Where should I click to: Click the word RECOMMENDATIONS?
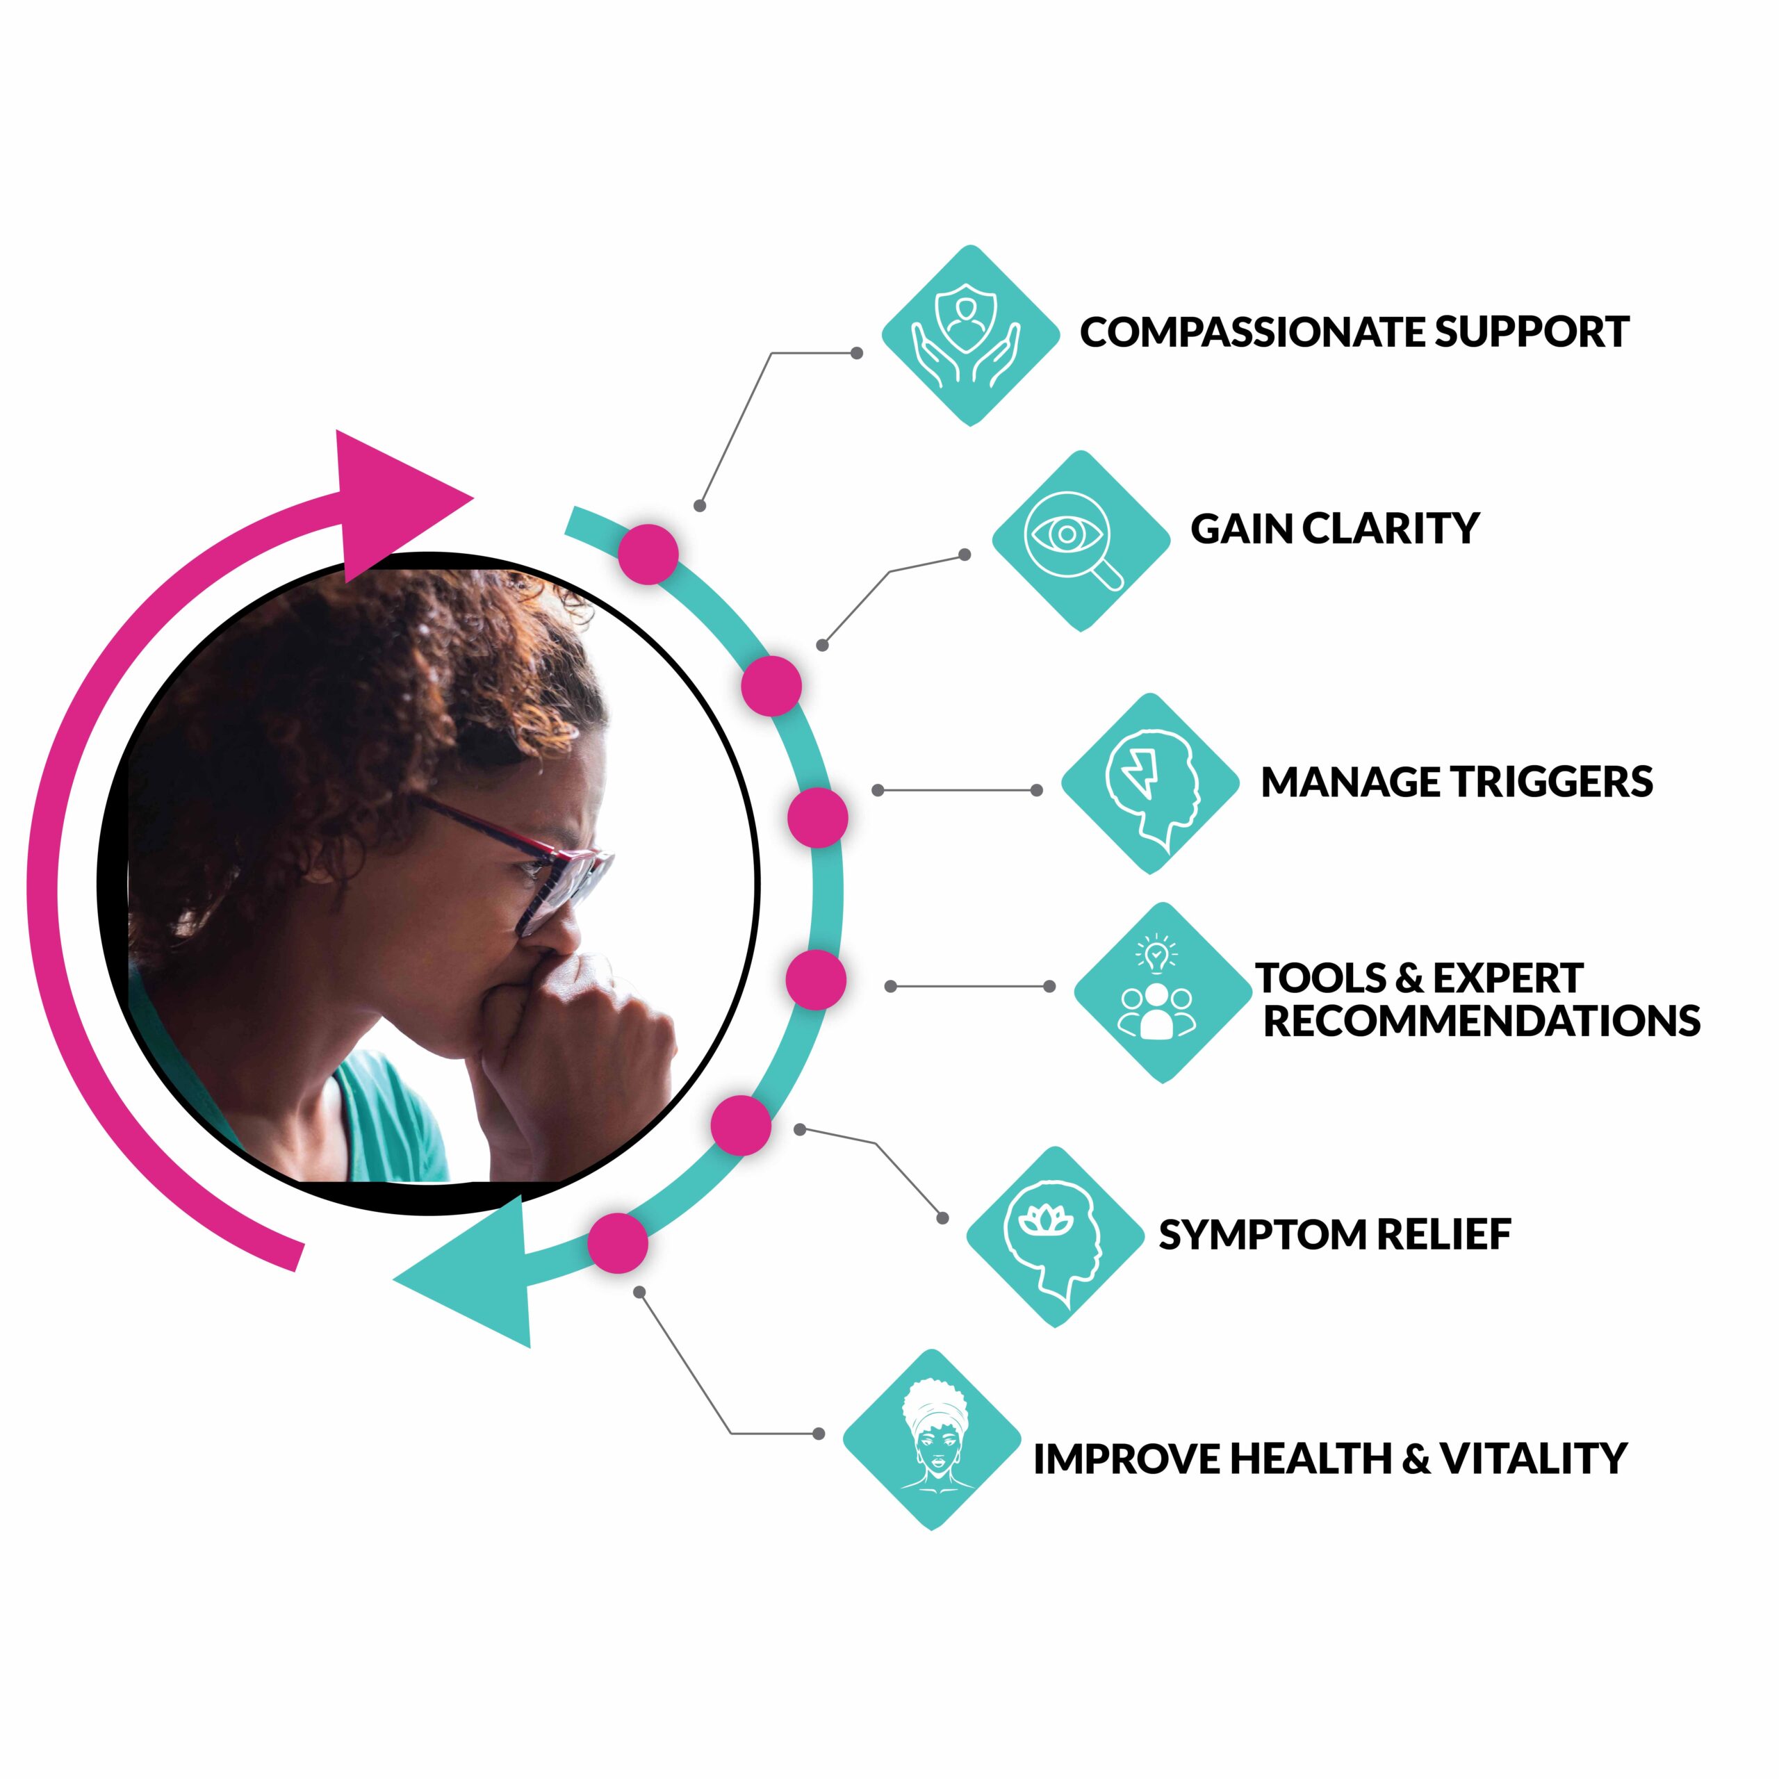click(1481, 1020)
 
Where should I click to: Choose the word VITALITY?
click(1533, 1459)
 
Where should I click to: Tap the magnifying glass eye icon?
click(1080, 541)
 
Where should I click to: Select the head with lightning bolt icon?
click(1150, 784)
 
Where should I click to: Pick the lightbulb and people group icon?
click(1162, 992)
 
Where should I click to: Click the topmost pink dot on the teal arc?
click(648, 555)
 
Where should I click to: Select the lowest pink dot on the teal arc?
click(618, 1243)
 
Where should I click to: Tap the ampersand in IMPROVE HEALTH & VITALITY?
click(1416, 1459)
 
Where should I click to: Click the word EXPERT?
click(1507, 978)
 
